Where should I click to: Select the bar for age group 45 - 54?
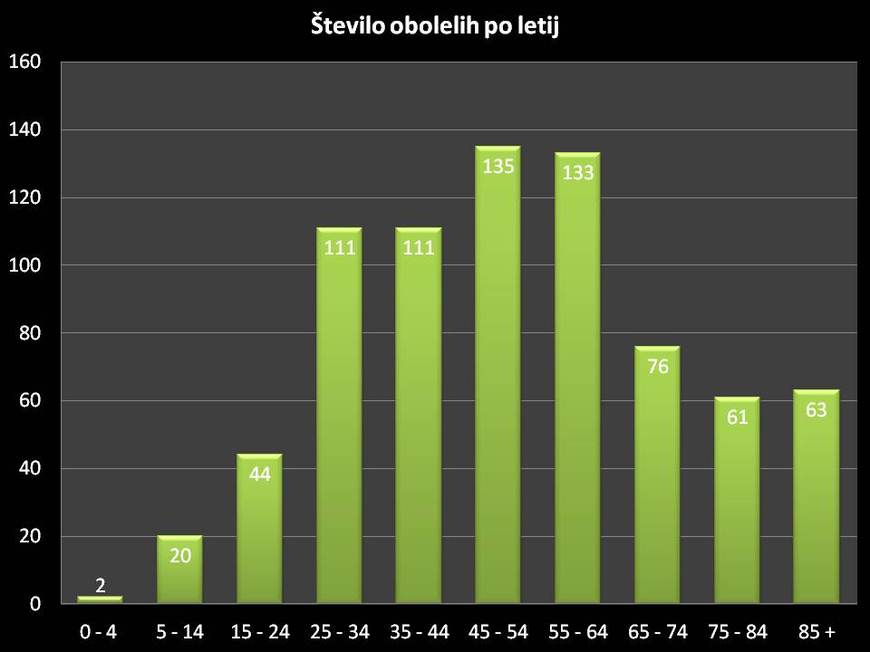pos(498,380)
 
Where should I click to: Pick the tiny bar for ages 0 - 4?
pos(100,599)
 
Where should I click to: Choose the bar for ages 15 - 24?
pos(259,534)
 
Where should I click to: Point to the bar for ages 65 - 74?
pos(657,480)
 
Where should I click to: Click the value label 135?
pos(498,167)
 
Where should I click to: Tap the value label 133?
pos(577,170)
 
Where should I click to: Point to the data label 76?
pos(657,368)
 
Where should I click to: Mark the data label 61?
pos(736,417)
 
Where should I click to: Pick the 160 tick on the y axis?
pos(25,62)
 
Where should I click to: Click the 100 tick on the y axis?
pos(25,265)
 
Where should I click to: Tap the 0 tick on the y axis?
pos(34,604)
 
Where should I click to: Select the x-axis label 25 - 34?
pos(339,630)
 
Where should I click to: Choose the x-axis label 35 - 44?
pos(419,630)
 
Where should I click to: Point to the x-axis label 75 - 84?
pos(736,630)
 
